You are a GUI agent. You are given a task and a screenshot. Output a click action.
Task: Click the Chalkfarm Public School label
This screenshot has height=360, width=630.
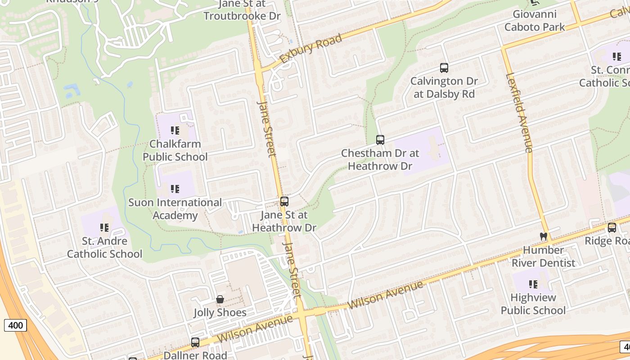(x=175, y=150)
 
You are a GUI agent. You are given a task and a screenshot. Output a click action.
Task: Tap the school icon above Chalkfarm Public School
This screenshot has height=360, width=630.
(x=175, y=131)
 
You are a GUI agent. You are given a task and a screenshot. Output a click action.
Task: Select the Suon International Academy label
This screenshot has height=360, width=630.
(x=175, y=209)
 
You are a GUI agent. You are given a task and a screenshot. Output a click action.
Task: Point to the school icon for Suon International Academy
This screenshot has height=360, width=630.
(x=175, y=189)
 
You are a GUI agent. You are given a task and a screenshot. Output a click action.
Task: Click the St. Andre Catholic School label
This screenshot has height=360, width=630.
(x=104, y=247)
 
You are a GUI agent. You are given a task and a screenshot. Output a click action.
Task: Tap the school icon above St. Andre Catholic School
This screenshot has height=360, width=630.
(x=104, y=228)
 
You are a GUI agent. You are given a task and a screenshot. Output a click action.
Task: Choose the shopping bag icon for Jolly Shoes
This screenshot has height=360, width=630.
(x=220, y=299)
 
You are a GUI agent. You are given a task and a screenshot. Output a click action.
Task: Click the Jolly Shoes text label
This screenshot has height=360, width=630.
(x=220, y=312)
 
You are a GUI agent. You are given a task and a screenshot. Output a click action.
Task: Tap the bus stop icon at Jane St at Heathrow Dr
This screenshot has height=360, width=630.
(x=284, y=202)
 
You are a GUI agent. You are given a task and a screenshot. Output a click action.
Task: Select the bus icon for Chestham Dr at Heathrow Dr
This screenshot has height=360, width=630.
(x=380, y=140)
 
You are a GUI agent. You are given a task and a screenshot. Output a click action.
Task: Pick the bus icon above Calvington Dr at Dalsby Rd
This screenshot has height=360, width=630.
(x=444, y=68)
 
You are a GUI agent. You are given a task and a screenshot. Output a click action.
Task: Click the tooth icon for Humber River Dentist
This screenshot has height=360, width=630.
(x=543, y=236)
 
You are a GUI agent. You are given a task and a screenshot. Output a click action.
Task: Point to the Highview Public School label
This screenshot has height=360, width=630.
(x=533, y=304)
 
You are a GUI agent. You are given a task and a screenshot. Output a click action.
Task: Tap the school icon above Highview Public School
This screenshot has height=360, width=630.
(x=533, y=284)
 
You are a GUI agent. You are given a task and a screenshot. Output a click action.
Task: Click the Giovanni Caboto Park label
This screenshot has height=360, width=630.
(x=535, y=21)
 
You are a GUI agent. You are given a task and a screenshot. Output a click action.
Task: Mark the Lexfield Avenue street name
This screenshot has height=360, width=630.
(x=520, y=112)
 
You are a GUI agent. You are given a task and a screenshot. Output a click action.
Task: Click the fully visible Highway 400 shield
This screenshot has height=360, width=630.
(x=16, y=325)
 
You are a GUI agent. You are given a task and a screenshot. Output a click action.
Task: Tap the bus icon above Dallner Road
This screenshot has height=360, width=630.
(x=195, y=342)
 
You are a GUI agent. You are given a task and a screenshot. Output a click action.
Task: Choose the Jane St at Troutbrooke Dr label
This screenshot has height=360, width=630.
(x=242, y=10)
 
